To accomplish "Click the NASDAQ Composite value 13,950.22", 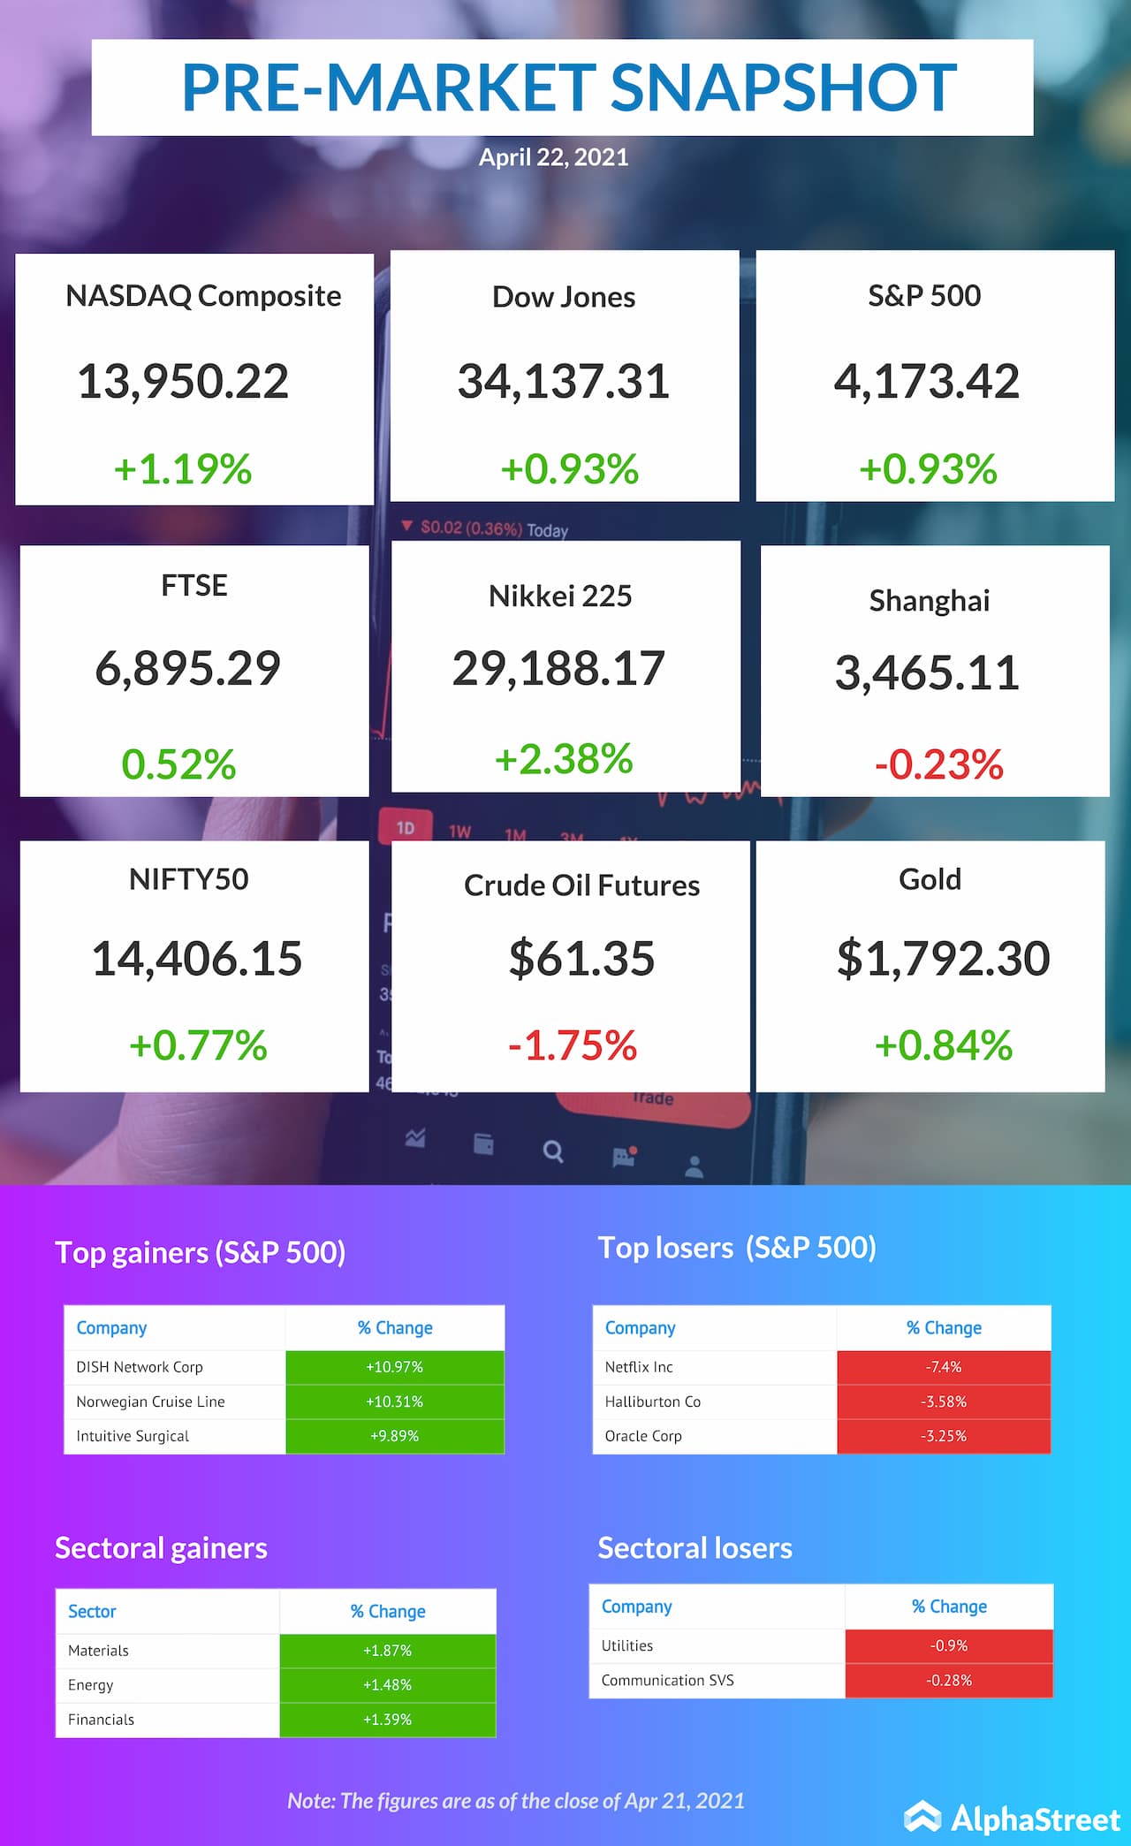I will click(183, 382).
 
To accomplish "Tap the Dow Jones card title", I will click(564, 297).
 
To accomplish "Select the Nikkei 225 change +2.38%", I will click(564, 759).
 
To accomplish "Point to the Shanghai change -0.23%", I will click(938, 764).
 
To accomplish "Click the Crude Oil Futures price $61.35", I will click(581, 959).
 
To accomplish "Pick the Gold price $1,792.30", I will click(943, 959).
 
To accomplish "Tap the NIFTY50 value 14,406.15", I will click(196, 959).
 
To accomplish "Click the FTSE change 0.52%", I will click(178, 764).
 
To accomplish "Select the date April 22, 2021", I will click(553, 157).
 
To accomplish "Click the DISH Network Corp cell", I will click(140, 1367).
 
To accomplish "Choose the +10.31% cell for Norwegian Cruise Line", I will click(394, 1402).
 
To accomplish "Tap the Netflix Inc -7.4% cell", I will click(943, 1367).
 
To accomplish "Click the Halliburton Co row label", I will click(652, 1402).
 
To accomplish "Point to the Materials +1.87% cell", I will click(387, 1650).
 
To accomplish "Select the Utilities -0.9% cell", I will click(948, 1645).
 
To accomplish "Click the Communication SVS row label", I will click(667, 1680).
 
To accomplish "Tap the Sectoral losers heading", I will click(695, 1548).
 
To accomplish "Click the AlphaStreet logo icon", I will click(922, 1817).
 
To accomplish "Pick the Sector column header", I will click(92, 1611).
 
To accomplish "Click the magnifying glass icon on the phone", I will click(553, 1151).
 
